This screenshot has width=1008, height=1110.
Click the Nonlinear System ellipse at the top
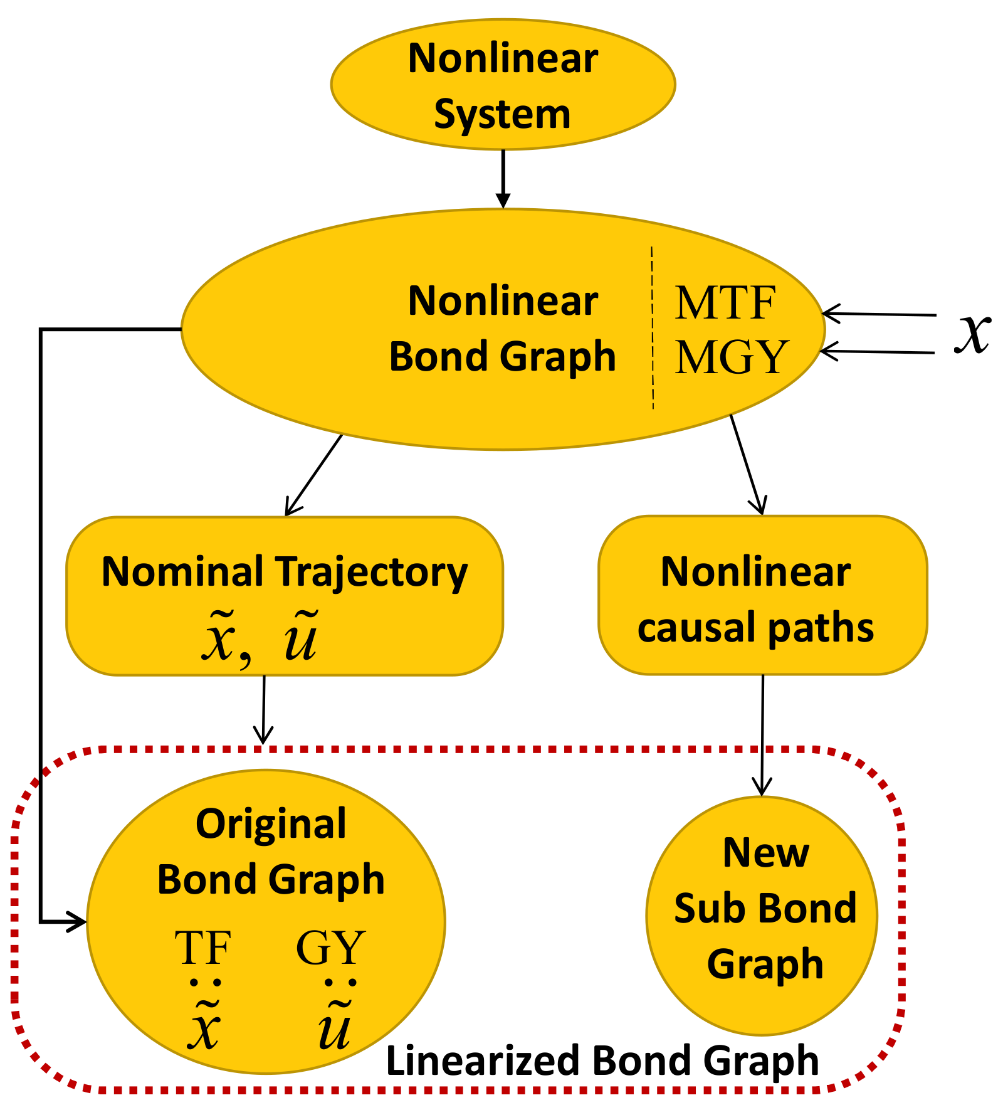[x=503, y=85]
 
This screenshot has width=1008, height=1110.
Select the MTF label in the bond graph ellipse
[x=725, y=303]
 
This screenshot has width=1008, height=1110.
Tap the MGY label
[x=731, y=357]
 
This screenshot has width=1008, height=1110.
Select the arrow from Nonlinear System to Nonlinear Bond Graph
[x=503, y=179]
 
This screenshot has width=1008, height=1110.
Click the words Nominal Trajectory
[x=285, y=572]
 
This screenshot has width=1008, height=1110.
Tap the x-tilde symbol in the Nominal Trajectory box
[x=218, y=638]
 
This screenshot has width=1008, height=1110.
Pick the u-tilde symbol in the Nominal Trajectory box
[x=301, y=638]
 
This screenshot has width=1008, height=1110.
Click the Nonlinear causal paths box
[x=762, y=596]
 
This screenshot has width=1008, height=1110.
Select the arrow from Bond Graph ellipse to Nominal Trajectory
[x=313, y=475]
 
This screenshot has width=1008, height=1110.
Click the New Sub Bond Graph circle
[x=762, y=916]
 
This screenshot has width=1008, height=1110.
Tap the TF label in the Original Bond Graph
[x=203, y=948]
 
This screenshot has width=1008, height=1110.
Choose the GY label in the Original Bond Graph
[x=330, y=948]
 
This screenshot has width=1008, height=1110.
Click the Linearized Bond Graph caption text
[x=602, y=1061]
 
